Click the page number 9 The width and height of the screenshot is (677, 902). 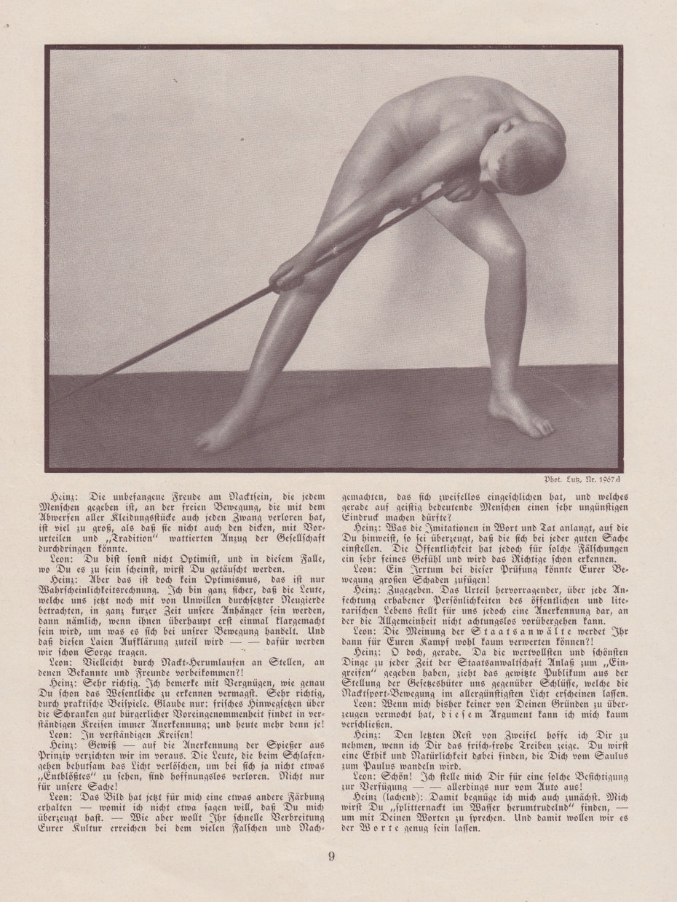point(331,856)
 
